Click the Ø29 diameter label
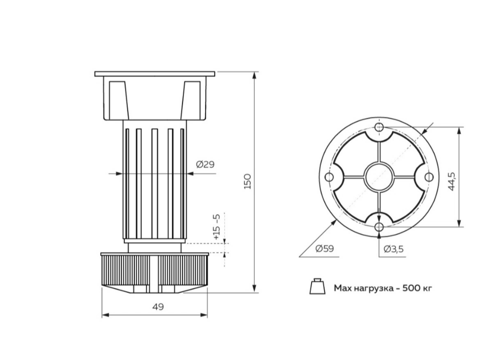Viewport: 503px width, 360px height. [205, 165]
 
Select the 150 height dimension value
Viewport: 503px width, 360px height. [247, 181]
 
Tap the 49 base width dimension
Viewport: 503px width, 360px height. [158, 307]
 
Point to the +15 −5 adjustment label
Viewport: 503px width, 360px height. [217, 227]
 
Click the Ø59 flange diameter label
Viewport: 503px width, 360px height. [325, 249]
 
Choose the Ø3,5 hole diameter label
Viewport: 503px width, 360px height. [394, 249]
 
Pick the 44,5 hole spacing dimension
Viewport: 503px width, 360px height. [452, 182]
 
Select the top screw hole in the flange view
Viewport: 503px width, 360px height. [379, 127]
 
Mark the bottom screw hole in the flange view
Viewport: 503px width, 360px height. [379, 227]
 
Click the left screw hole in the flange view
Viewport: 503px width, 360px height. [329, 177]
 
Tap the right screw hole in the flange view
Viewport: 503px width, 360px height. [429, 177]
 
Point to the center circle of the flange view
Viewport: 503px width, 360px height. [379, 177]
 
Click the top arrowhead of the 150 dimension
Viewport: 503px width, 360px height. [254, 76]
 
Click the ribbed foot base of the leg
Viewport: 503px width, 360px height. [154, 272]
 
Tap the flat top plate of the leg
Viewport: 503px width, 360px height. [154, 74]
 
